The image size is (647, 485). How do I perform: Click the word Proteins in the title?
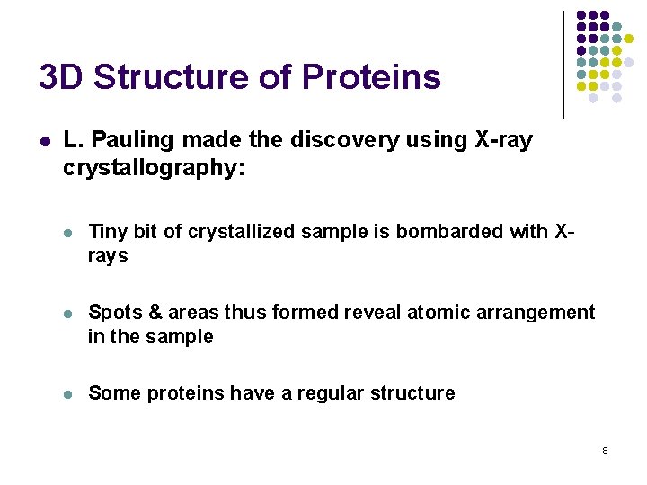(x=371, y=77)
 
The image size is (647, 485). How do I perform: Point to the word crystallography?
(x=154, y=168)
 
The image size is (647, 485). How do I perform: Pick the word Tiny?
(x=108, y=232)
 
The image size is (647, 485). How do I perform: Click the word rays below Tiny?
(x=108, y=257)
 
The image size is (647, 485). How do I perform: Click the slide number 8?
(x=605, y=449)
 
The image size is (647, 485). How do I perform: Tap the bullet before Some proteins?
(x=68, y=394)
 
